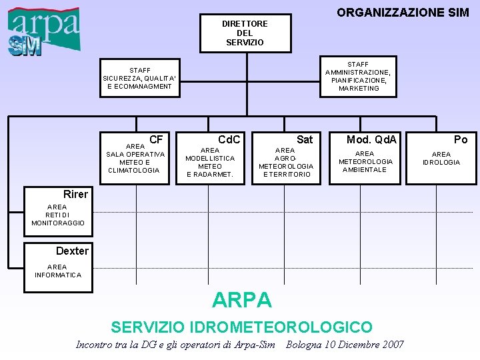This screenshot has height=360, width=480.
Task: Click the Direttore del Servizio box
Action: (245, 33)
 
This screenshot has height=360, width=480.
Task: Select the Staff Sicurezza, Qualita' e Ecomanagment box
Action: (140, 78)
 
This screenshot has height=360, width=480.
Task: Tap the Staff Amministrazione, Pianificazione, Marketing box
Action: (359, 76)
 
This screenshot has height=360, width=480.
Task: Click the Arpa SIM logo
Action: (43, 31)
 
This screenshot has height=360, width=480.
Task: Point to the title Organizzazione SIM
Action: (402, 13)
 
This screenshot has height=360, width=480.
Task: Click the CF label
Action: (156, 139)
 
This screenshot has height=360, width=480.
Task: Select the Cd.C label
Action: (229, 140)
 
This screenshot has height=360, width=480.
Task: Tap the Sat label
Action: (304, 139)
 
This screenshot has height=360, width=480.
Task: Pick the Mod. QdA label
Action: (371, 139)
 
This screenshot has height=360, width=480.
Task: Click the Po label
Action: (460, 139)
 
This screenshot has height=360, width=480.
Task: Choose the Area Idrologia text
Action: (441, 158)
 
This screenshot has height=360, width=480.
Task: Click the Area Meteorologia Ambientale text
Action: (365, 161)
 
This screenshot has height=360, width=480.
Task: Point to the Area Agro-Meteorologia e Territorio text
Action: (285, 162)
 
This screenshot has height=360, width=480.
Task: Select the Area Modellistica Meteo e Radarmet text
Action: (210, 162)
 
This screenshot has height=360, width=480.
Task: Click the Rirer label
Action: (75, 195)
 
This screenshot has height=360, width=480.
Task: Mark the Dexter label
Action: (72, 251)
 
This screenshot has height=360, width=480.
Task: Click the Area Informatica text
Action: (57, 271)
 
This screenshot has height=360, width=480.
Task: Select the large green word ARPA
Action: (242, 301)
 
